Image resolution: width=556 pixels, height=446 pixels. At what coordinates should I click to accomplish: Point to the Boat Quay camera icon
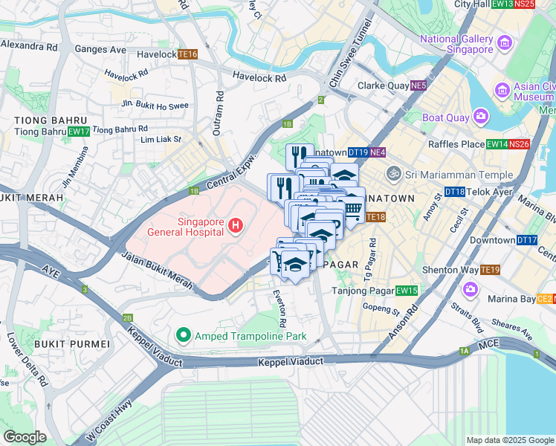(x=481, y=117)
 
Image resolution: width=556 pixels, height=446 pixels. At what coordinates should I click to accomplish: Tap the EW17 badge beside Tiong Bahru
(x=79, y=132)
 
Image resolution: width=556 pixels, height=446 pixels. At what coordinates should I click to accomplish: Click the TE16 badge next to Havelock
(x=187, y=54)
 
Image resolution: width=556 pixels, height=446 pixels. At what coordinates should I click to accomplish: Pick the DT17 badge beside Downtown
(x=527, y=240)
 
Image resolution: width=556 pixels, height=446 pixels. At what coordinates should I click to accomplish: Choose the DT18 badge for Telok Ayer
(x=454, y=192)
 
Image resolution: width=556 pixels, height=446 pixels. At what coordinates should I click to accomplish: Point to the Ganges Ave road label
(x=100, y=49)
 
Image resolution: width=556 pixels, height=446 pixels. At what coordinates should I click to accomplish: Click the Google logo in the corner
(x=25, y=437)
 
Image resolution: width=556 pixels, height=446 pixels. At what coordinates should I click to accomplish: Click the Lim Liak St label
(x=161, y=138)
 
